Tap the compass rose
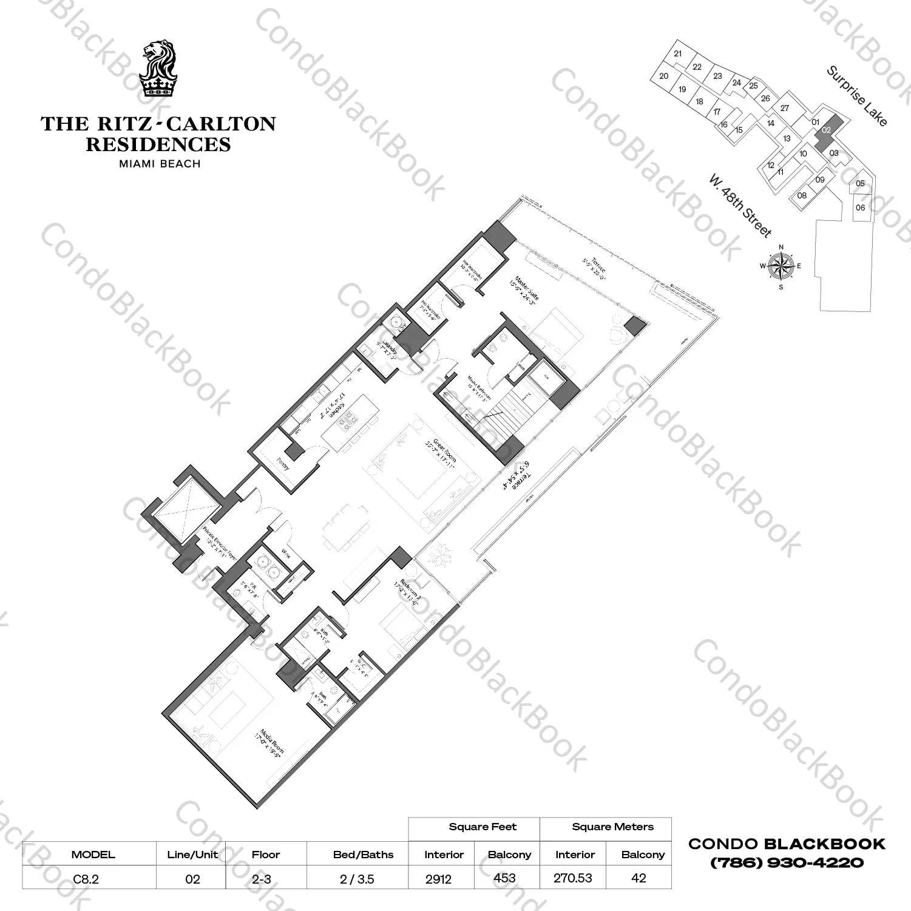781,266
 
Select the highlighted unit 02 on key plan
827,129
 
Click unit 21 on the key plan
678,53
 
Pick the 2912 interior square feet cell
439,878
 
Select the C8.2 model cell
86,878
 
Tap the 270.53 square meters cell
572,878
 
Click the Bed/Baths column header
363,855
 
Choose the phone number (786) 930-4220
787,862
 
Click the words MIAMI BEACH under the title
158,163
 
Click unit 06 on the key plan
860,208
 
